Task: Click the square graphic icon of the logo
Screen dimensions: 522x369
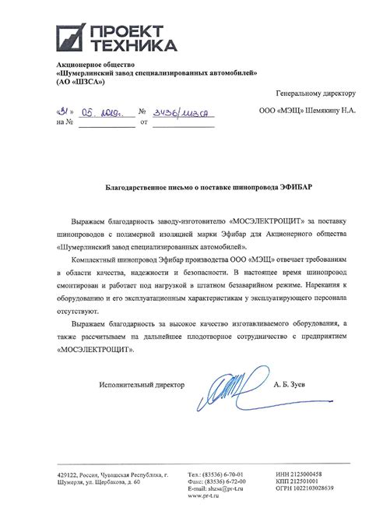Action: (x=72, y=36)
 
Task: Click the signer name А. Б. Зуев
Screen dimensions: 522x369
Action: (x=292, y=385)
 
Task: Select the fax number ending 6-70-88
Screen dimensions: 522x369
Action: (x=227, y=481)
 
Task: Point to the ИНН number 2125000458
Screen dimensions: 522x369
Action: (x=307, y=474)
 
